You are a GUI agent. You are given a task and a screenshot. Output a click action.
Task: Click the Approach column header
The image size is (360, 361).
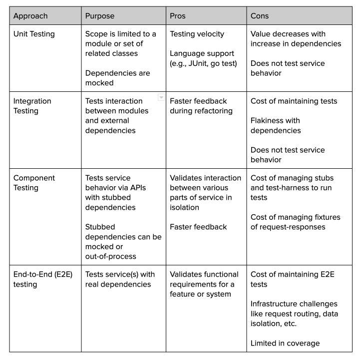pos(30,16)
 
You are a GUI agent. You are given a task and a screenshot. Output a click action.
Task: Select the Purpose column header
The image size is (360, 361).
pos(100,16)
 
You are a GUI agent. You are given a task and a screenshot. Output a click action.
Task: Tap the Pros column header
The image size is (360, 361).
pos(178,16)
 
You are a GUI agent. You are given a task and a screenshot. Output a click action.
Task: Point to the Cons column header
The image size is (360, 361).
pos(260,16)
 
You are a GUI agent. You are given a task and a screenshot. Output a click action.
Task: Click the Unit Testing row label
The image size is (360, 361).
pos(34,34)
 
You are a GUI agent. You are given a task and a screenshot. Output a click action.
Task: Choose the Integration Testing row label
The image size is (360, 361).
pos(33,106)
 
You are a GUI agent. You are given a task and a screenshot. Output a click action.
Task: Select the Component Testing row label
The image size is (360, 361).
pos(34,183)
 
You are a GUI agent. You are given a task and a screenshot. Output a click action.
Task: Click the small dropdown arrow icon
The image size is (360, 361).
pos(161,98)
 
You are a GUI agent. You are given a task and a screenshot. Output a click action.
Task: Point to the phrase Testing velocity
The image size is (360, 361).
pos(197,34)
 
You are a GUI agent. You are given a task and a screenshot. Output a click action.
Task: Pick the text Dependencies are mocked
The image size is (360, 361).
pos(117,78)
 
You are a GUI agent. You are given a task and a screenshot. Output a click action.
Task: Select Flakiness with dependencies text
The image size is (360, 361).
pos(275,125)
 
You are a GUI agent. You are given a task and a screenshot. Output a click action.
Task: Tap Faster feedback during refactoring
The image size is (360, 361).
pos(201,106)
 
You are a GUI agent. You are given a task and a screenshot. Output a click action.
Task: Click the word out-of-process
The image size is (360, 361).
pos(111,256)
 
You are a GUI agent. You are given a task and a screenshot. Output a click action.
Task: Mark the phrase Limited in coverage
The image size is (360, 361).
pos(285,343)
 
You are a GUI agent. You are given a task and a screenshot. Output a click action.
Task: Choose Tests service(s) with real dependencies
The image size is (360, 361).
pos(120,279)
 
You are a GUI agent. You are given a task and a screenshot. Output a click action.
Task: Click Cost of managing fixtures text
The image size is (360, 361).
pos(295,222)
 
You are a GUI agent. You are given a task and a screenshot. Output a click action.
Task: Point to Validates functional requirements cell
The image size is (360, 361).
pos(204,284)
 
